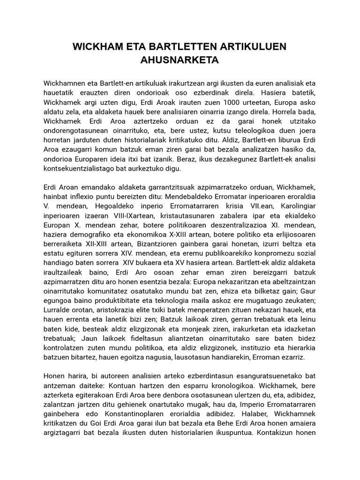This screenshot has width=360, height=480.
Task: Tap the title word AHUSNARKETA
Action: point(180,60)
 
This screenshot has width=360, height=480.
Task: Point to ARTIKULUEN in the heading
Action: point(256,47)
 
